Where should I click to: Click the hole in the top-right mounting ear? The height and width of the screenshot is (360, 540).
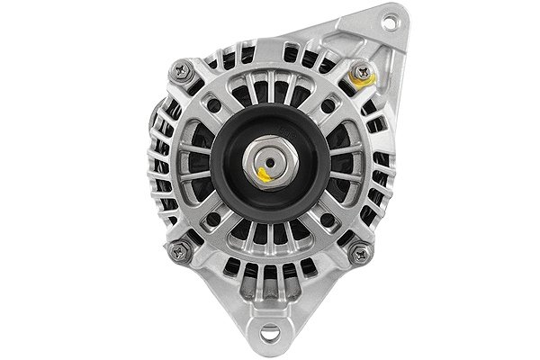coord(389,20)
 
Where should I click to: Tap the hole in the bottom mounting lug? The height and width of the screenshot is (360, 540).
coord(270,336)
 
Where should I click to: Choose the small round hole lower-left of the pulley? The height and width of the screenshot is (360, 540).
coord(213,219)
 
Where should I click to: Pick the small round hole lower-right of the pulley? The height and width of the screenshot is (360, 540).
coord(327,219)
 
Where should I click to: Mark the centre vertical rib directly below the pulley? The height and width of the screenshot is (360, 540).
coord(270,236)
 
